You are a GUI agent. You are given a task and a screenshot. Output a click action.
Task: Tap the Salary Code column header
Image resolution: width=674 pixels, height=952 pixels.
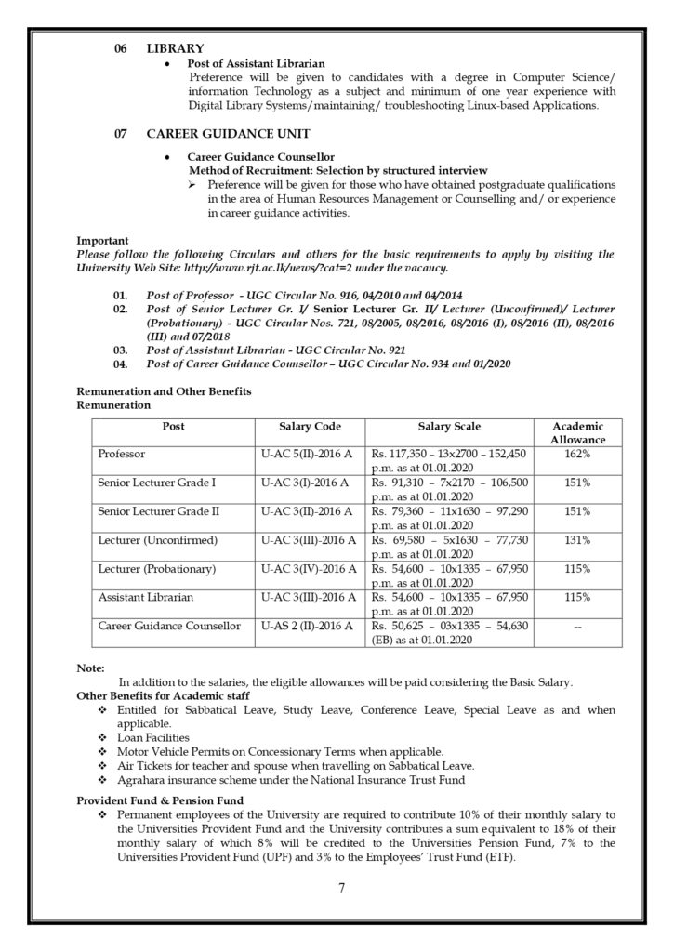[310, 427]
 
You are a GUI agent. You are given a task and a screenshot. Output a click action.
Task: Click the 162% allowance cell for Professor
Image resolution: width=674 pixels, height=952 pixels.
[577, 454]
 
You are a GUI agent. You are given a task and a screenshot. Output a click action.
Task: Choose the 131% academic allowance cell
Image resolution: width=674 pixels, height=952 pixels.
[577, 540]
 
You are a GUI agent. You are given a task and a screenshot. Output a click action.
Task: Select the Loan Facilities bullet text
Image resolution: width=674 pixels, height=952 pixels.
[154, 737]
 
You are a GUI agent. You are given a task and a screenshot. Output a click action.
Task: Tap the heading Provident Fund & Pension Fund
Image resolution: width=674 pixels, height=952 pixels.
[160, 800]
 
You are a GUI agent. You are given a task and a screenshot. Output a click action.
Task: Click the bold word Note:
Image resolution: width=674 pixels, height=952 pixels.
[90, 668]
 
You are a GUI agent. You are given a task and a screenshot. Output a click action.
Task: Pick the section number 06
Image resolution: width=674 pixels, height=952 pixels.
[120, 47]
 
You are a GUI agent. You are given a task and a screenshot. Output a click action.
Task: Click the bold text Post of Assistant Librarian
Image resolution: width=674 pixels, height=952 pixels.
[256, 63]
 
